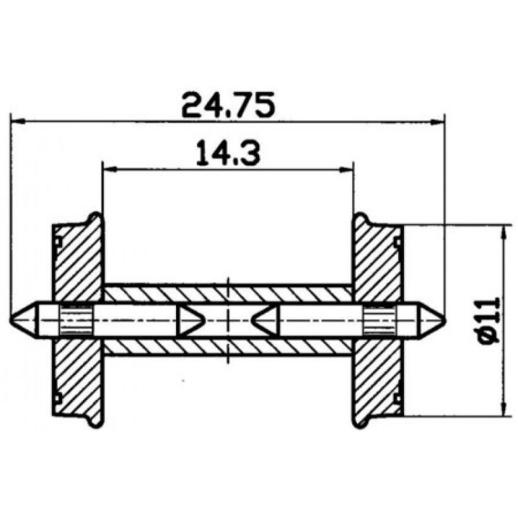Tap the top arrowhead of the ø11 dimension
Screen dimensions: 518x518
tap(503, 231)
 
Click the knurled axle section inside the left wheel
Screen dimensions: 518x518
tap(76, 318)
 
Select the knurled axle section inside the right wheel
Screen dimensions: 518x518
tap(379, 318)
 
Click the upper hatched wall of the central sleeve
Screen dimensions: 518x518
tap(227, 294)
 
